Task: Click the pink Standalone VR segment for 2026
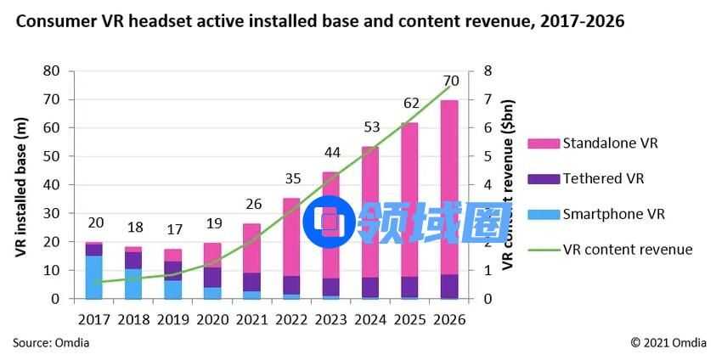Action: click(x=449, y=187)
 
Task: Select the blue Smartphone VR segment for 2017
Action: click(x=93, y=277)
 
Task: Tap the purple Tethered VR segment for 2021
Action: click(x=251, y=282)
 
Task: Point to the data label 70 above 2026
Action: click(x=451, y=81)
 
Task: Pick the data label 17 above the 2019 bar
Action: click(x=172, y=229)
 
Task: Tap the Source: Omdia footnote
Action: click(x=51, y=342)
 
